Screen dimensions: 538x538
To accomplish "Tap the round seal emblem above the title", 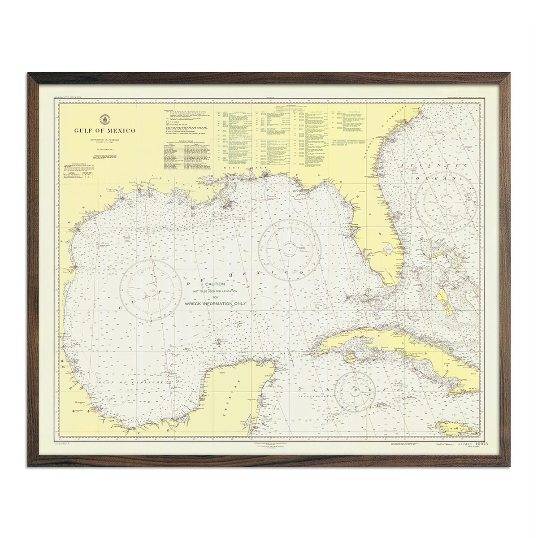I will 105,119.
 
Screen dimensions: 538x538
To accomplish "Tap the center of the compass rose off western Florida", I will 291,245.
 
